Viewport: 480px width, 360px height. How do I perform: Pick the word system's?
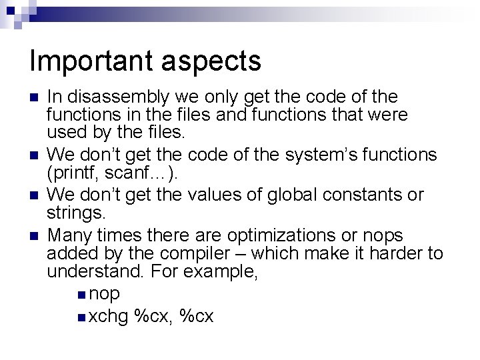[x=315, y=155]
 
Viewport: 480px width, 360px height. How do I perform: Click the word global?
[x=287, y=195]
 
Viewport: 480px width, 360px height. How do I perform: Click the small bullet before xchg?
[x=81, y=316]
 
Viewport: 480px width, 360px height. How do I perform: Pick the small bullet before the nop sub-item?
[x=81, y=295]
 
